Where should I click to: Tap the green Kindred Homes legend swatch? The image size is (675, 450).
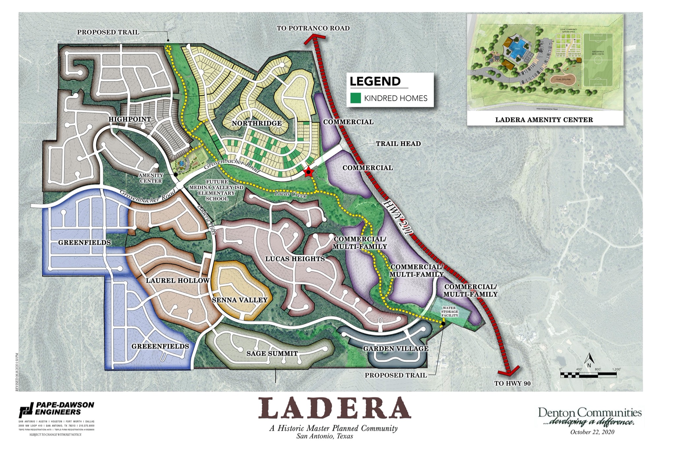click(355, 98)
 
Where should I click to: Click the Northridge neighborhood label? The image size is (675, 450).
click(257, 123)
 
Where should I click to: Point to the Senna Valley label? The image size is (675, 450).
click(240, 300)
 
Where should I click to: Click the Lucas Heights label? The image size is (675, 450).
click(295, 259)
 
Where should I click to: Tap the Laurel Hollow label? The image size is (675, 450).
click(178, 281)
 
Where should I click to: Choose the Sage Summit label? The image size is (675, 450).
click(272, 354)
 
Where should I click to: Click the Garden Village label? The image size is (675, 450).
click(396, 348)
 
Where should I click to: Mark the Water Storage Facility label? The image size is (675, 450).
click(450, 312)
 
